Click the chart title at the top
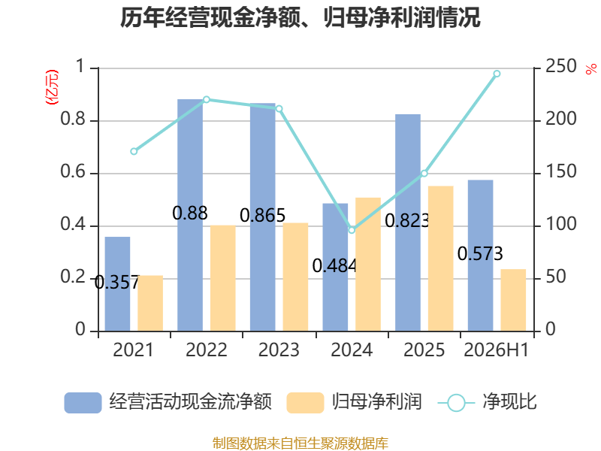pos(300,17)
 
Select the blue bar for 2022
pos(190,215)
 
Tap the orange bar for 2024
pos(368,265)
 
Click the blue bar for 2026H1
pos(480,256)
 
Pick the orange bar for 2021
pos(150,304)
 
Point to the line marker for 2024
pos(352,230)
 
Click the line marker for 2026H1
pos(497,74)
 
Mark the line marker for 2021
pos(134,152)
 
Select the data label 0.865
pos(262,216)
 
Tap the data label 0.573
pos(480,254)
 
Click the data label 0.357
pos(117,283)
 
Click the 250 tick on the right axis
pos(561,66)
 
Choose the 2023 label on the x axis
pos(279,350)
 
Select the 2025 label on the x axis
pos(424,350)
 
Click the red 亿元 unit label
pos(52,87)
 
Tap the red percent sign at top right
pos(591,69)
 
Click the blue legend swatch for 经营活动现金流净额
pos(83,403)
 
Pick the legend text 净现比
pos(510,402)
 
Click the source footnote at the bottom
pos(300,443)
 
